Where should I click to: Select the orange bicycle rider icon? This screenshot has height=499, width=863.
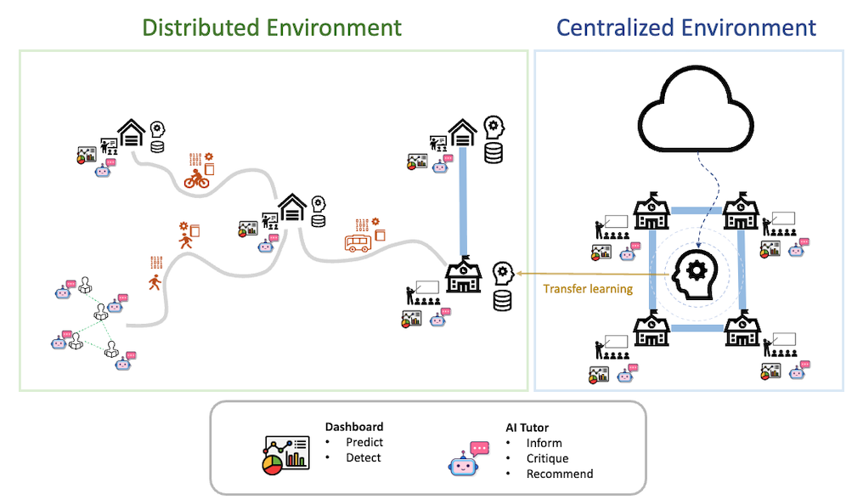196,179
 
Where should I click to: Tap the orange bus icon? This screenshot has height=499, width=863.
358,244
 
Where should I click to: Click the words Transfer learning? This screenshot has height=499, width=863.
588,289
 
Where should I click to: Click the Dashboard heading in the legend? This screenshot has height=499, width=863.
354,427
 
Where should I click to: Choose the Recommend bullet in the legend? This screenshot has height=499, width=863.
560,473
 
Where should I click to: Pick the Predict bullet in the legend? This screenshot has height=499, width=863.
364,442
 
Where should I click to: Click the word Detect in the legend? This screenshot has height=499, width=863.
364,457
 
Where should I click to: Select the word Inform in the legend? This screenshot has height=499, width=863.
544,443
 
